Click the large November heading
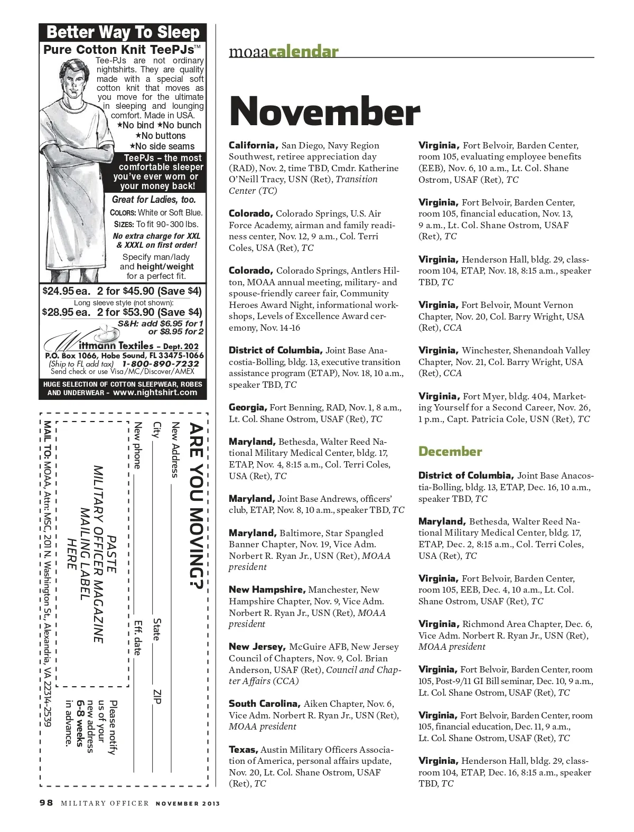[324, 111]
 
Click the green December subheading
[450, 452]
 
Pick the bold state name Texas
[243, 749]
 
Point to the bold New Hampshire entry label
[267, 590]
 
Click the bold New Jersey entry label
[257, 647]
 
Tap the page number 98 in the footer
[46, 803]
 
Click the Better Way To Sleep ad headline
[123, 32]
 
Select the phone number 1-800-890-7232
[161, 364]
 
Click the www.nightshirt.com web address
[155, 392]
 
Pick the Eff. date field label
[138, 638]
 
